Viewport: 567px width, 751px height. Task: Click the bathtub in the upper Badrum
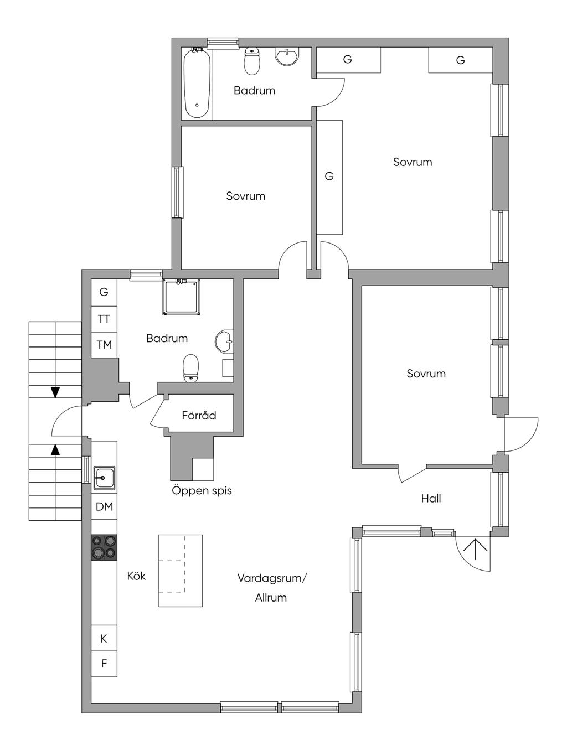pos(197,83)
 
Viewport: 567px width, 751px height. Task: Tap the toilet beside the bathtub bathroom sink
pos(251,61)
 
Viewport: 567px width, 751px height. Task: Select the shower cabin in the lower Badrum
pos(182,296)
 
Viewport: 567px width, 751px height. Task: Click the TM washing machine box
pos(104,345)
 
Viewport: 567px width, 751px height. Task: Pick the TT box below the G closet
pos(104,319)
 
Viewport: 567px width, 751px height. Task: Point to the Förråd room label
pos(199,415)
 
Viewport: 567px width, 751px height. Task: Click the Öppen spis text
pos(202,490)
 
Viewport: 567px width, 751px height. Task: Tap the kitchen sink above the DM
pos(104,478)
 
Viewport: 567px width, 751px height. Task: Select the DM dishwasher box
pos(104,506)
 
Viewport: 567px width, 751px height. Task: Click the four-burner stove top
pos(104,547)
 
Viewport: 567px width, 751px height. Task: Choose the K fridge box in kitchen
pos(104,638)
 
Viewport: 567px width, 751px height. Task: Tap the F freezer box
pos(104,664)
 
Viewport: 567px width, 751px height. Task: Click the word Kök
pos(136,576)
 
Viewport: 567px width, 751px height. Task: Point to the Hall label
pos(431,499)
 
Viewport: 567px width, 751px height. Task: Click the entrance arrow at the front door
pos(475,549)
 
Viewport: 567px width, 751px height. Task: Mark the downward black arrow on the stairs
pos(55,392)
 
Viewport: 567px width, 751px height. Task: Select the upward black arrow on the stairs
pos(55,449)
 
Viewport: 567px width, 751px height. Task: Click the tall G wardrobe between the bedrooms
pos(329,177)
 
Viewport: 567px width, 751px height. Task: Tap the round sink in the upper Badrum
pos(287,56)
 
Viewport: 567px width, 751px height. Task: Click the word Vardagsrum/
pos(272,578)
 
